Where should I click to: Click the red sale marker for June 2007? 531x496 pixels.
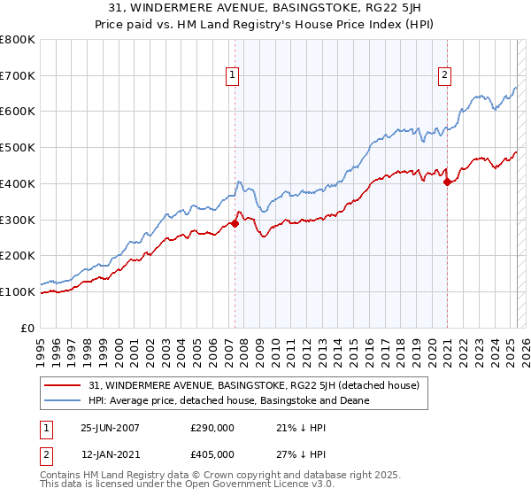coord(235,223)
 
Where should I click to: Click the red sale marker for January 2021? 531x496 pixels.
coord(447,182)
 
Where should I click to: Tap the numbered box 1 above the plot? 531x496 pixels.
coord(232,76)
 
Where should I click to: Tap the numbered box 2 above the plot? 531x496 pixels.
coord(443,76)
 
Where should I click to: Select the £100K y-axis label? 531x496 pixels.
coord(19,291)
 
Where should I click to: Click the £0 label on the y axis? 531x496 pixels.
coord(28,328)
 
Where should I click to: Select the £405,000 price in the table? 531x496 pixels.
coord(212,453)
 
